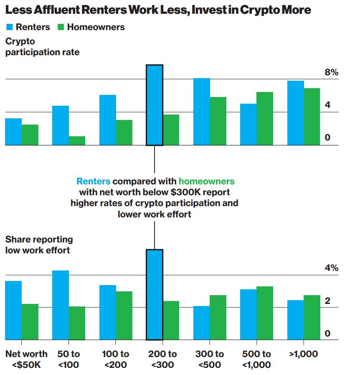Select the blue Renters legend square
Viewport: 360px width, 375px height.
click(x=9, y=27)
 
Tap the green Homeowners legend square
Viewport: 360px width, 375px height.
click(x=61, y=27)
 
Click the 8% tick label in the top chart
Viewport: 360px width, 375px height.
click(x=331, y=72)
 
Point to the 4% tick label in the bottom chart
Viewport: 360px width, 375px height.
click(x=331, y=268)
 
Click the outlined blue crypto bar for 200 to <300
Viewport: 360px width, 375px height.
click(x=155, y=105)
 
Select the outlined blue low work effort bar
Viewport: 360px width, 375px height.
click(x=155, y=295)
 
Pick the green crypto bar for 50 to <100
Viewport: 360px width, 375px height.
click(x=77, y=141)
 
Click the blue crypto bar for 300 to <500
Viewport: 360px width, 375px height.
click(x=202, y=112)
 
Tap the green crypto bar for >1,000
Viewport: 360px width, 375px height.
click(x=312, y=117)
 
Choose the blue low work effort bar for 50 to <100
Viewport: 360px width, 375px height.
click(x=61, y=305)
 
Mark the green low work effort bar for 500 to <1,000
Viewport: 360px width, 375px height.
click(x=265, y=313)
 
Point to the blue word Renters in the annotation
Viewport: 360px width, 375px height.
click(x=94, y=181)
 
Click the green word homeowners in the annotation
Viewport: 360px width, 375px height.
click(x=206, y=181)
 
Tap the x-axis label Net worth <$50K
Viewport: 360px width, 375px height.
click(x=26, y=359)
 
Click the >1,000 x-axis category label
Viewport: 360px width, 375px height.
click(x=304, y=354)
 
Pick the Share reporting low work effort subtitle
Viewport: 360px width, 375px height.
click(x=39, y=245)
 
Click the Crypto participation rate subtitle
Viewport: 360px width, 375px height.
click(x=42, y=47)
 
